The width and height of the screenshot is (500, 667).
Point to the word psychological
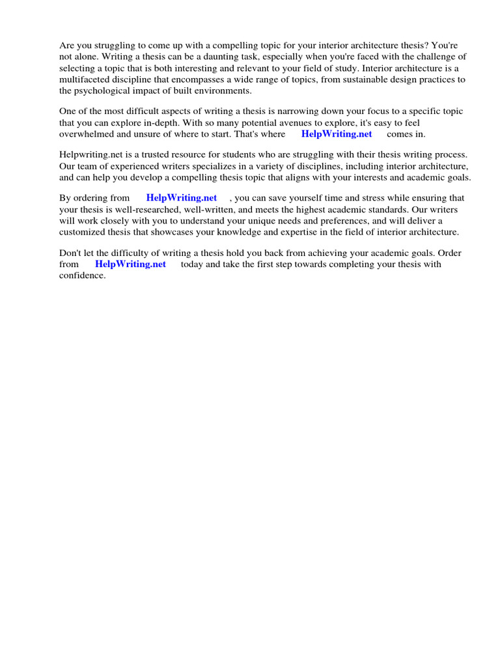click(x=102, y=90)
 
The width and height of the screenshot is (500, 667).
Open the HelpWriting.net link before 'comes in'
click(x=337, y=134)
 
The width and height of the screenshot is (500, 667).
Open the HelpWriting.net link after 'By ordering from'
click(x=182, y=198)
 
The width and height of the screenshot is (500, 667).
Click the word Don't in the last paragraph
click(x=71, y=253)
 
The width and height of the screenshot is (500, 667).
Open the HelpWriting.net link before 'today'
click(x=130, y=264)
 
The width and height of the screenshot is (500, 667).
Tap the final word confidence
click(x=81, y=275)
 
